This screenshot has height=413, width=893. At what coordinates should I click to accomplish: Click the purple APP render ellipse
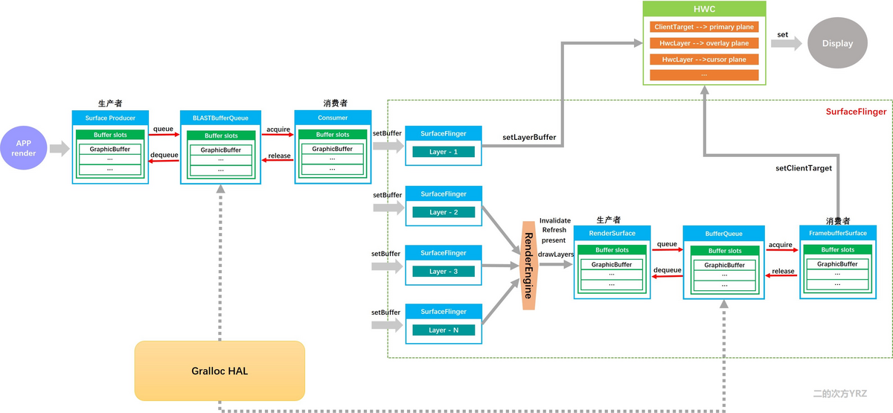click(23, 148)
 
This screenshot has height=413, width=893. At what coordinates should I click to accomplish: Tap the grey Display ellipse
click(837, 43)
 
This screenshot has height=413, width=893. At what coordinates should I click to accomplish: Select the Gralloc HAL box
click(220, 371)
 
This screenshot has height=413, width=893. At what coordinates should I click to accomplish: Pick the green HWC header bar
click(703, 8)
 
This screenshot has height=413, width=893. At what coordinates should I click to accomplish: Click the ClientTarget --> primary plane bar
click(703, 27)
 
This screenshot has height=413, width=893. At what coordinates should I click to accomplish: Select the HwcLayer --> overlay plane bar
click(703, 43)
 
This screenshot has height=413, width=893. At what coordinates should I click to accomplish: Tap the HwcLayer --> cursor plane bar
click(703, 59)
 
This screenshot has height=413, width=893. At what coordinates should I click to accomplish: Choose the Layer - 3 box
click(444, 271)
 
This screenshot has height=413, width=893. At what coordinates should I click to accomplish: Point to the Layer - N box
click(444, 330)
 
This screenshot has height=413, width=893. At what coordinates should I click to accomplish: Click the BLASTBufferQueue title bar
click(220, 118)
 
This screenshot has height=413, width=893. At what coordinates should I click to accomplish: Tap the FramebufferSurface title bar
click(837, 233)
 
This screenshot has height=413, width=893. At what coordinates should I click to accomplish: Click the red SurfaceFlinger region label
click(856, 112)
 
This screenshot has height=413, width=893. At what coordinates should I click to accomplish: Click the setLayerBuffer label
click(529, 137)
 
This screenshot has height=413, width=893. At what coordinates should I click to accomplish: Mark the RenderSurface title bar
click(612, 233)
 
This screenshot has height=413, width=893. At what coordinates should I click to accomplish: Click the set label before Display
click(782, 34)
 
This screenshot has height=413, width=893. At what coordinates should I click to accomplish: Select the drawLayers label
click(555, 254)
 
